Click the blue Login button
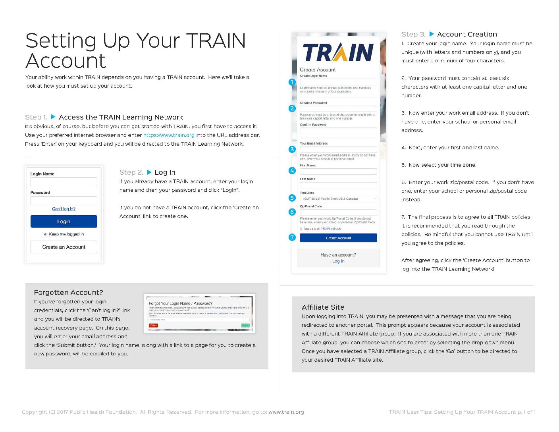64,222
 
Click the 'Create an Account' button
64,247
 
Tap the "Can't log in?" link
64,209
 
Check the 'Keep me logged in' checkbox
45,234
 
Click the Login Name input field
64,182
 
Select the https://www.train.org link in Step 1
169,135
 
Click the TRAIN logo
338,52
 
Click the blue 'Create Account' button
338,238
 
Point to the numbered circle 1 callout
292,82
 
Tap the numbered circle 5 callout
292,198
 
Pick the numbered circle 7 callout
292,237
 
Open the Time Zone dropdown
338,199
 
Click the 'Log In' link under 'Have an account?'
338,261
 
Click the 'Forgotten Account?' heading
68,293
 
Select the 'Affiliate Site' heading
323,307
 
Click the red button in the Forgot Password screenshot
153,325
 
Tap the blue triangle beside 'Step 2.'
149,172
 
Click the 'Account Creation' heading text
467,35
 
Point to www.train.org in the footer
286,412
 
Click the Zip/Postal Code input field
338,212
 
